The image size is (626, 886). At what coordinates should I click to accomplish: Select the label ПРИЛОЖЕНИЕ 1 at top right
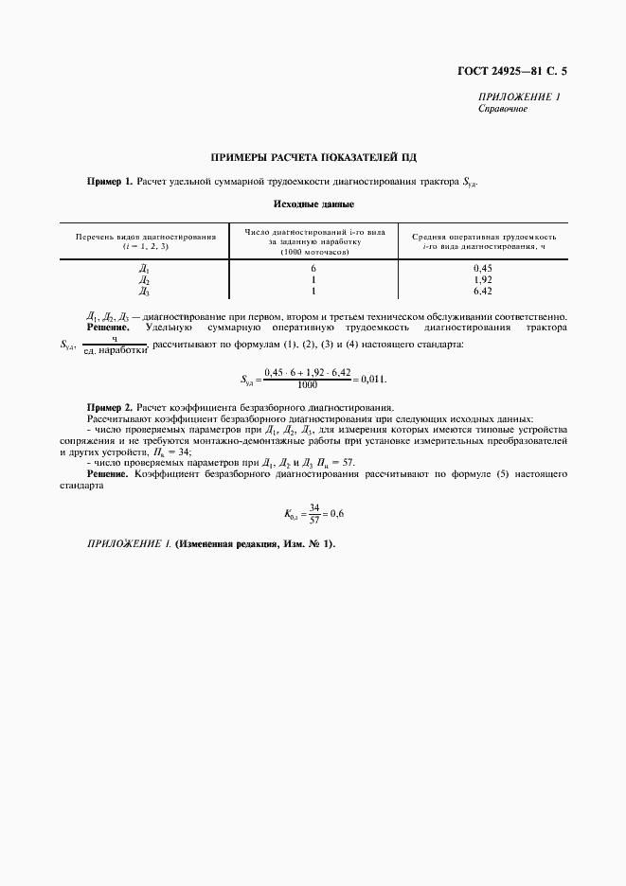click(x=519, y=97)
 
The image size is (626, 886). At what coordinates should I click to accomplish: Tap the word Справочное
click(x=503, y=109)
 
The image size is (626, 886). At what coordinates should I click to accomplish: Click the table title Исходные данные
click(x=313, y=204)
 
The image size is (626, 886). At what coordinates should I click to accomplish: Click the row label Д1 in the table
click(x=144, y=270)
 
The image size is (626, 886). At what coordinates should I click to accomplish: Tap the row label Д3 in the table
click(x=144, y=292)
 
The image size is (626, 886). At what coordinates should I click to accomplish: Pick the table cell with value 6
click(x=313, y=270)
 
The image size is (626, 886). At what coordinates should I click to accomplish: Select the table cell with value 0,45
click(x=483, y=270)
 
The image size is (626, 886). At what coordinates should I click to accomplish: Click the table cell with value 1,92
click(x=483, y=280)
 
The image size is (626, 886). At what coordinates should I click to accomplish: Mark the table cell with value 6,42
click(x=483, y=292)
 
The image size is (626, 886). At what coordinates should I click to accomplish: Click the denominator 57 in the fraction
click(x=314, y=520)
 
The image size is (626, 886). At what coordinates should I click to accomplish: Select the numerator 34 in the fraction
click(x=314, y=507)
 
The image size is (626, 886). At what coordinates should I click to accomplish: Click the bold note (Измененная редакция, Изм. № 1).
click(x=255, y=544)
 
